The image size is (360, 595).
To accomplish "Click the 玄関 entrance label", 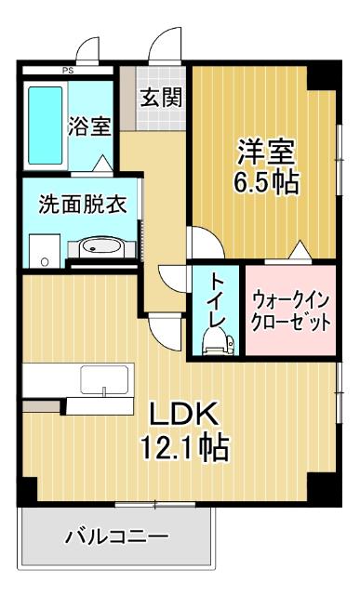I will (x=161, y=97).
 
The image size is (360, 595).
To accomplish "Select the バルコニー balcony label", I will (x=116, y=536).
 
